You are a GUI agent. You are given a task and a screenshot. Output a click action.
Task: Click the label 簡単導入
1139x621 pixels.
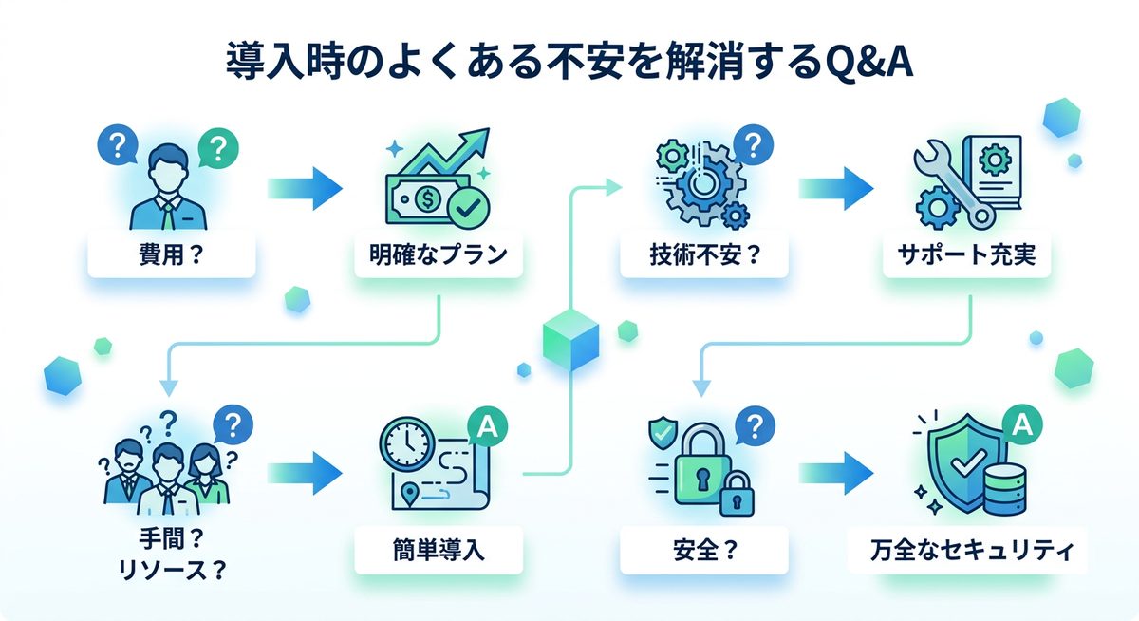pos(439,550)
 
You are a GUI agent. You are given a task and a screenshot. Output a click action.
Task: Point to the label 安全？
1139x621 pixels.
pos(703,550)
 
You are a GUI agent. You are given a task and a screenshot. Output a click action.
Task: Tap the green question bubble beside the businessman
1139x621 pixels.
pos(219,148)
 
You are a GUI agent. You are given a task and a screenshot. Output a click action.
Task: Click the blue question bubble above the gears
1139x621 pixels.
pos(753,146)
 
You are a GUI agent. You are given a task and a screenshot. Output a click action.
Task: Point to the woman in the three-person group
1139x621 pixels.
pos(205,471)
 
